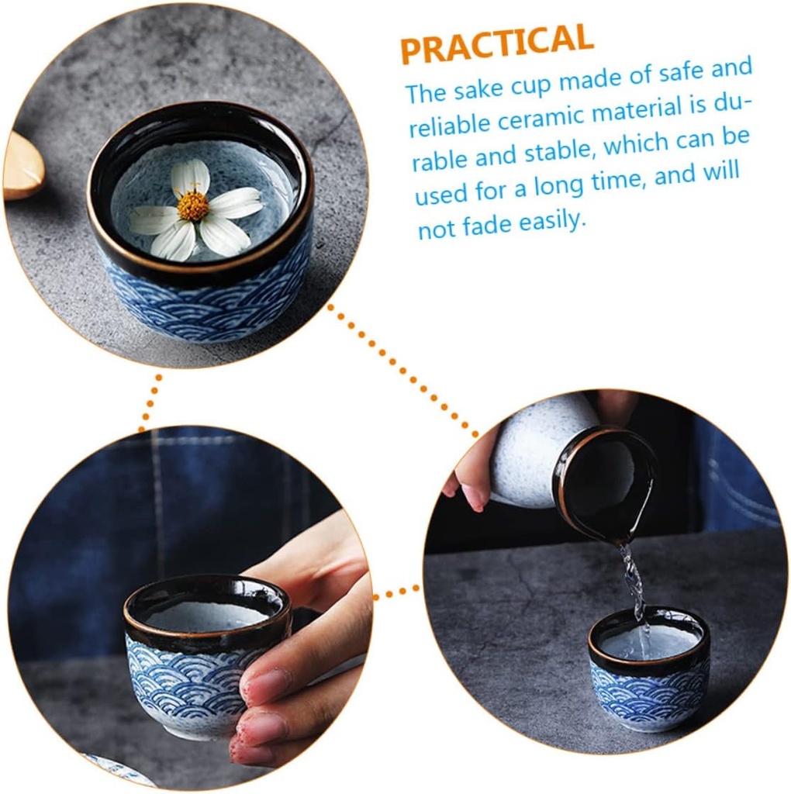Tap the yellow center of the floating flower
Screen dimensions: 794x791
(192, 205)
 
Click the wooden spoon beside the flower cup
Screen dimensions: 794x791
(23, 165)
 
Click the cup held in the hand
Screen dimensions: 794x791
(198, 651)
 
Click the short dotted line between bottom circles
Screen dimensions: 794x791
(397, 593)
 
